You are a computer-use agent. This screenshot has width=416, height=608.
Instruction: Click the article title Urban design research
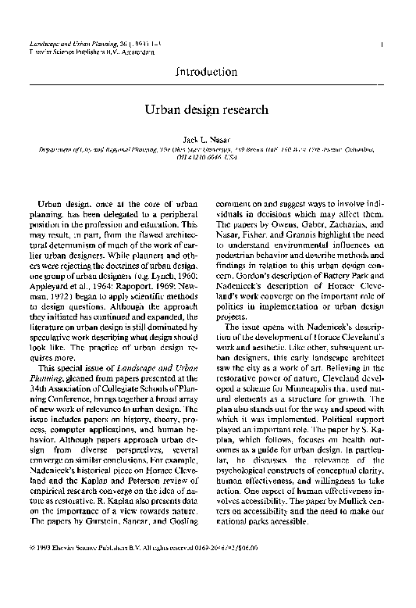coord(207,110)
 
